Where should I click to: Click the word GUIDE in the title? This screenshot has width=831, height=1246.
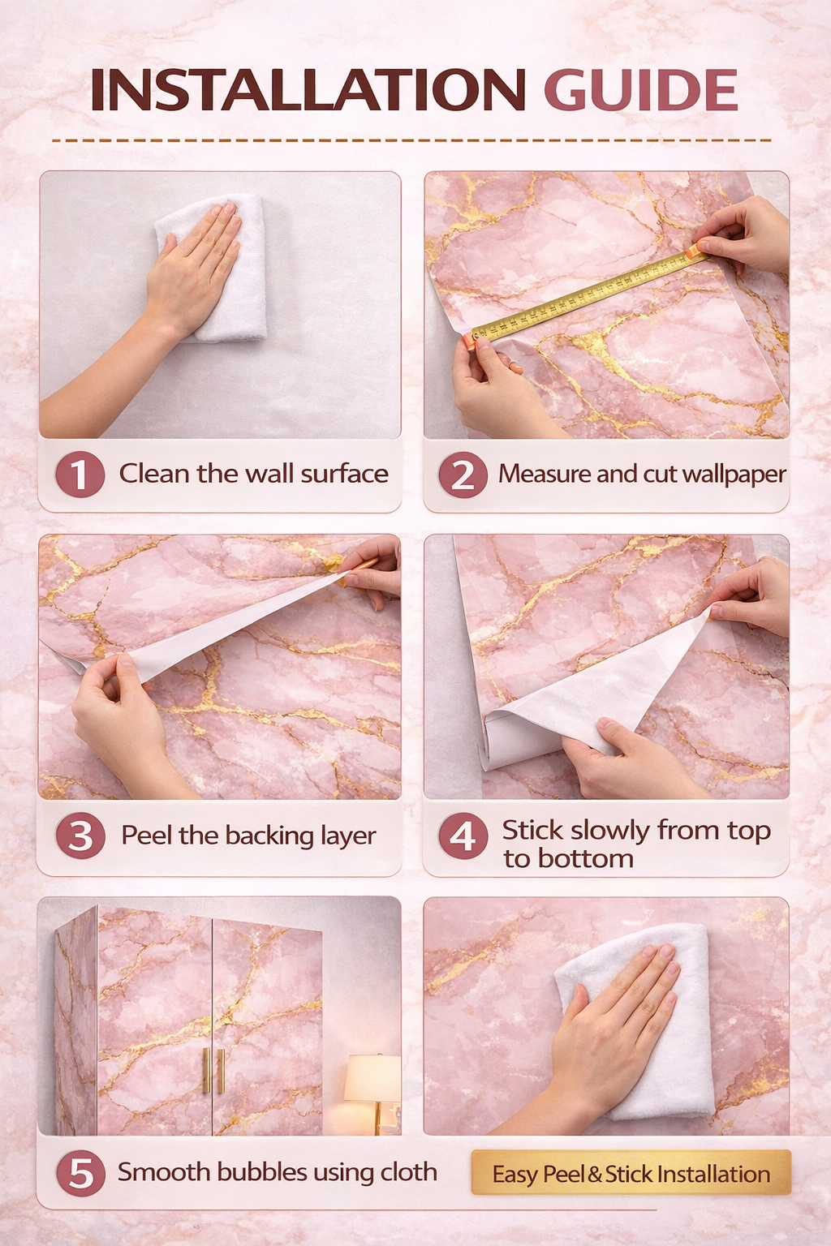(640, 89)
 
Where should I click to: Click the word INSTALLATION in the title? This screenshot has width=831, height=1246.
(308, 89)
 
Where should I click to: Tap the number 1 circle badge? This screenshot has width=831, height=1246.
(80, 474)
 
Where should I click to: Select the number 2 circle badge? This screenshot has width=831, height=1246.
(463, 474)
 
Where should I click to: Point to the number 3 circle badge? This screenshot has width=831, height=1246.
(80, 836)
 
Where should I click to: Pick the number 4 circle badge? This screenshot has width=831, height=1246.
(463, 836)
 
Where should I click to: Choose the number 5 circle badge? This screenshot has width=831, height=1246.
(80, 1173)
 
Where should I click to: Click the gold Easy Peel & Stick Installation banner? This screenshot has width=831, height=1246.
(631, 1172)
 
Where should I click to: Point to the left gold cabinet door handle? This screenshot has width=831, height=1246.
(206, 1071)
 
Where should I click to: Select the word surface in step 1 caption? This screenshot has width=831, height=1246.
(345, 474)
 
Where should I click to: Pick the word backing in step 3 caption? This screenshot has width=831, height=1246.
(270, 836)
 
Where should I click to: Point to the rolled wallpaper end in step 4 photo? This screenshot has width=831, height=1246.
(501, 742)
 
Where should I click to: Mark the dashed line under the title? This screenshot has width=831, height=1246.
(411, 140)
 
